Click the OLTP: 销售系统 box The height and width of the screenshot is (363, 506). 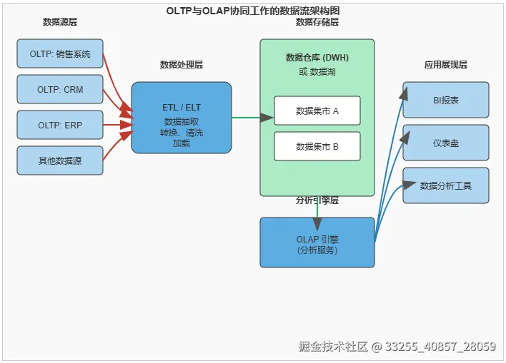point(60,53)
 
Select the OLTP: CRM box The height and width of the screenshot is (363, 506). point(60,89)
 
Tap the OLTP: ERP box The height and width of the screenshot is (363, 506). point(60,125)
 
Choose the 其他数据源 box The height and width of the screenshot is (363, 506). point(60,160)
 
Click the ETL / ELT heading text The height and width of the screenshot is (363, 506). point(182,107)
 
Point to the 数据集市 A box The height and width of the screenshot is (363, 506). point(317,111)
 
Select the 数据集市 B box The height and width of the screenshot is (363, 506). point(317,146)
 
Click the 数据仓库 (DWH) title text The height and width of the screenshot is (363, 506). point(317,58)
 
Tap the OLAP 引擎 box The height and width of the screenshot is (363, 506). point(317,243)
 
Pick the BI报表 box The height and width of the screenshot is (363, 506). point(446,100)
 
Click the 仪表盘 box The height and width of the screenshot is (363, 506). point(446,143)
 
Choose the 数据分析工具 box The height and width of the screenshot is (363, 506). point(446,185)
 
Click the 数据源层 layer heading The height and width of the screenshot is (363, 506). point(60,22)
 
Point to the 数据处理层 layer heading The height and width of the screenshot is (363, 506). point(182,65)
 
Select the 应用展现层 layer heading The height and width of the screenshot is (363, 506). point(446,65)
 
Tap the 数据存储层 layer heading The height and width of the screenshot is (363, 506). point(317,22)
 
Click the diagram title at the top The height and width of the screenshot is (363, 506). point(253,11)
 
